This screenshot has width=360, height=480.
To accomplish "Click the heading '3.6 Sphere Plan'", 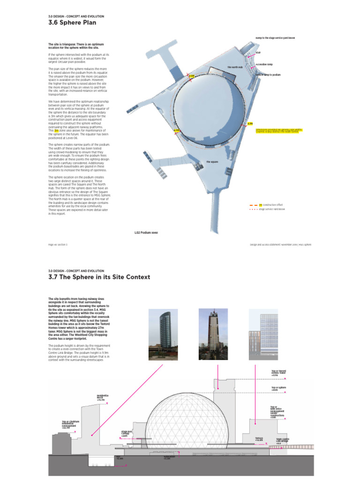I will tap(73, 22).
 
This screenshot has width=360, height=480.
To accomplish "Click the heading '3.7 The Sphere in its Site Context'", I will tap(99, 277).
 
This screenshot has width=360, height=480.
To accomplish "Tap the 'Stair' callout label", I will tap(258, 53).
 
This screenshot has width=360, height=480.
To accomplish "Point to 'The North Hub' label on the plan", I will tap(235, 67).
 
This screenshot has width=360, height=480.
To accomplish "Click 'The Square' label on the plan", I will tap(213, 162).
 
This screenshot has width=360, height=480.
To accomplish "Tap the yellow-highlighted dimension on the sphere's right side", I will tap(250, 124).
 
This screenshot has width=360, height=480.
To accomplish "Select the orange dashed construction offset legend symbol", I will tap(253, 205).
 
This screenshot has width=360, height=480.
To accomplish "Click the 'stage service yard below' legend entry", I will tap(271, 209).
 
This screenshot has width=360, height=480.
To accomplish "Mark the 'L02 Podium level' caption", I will tap(146, 232).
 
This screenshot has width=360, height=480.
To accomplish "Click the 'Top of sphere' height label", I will tap(279, 389).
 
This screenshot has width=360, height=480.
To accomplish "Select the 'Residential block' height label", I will tap(102, 397).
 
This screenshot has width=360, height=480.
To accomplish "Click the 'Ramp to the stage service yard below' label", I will tap(275, 37).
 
